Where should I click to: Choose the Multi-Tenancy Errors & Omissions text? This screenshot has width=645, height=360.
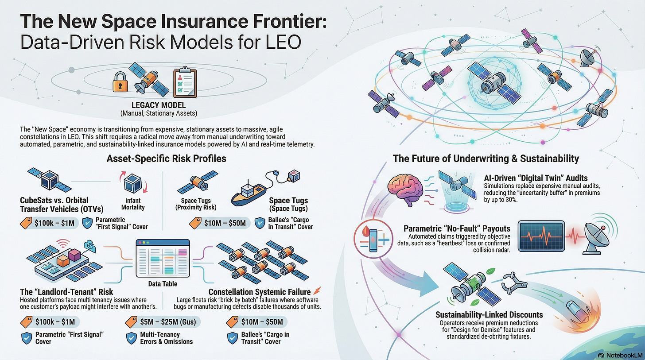(x=166, y=338)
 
